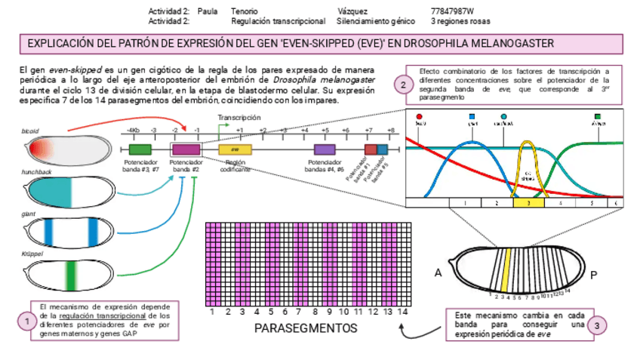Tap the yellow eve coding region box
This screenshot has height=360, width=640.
tap(235, 149)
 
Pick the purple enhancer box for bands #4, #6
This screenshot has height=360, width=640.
tap(325, 149)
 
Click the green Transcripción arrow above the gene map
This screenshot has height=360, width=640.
tap(226, 127)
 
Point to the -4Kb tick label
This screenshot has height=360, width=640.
tap(133, 131)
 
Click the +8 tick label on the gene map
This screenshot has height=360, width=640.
tap(390, 131)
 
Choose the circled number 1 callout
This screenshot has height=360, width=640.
tap(26, 322)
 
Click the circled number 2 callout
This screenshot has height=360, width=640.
tap(405, 85)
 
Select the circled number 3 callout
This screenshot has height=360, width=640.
tap(598, 325)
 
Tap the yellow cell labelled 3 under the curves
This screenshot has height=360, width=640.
tap(528, 202)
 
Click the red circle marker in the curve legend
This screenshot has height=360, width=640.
tap(420, 116)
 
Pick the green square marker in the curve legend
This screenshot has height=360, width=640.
tap(598, 116)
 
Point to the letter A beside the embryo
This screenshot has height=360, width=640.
tap(438, 272)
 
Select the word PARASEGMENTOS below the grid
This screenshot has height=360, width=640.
tap(306, 329)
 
